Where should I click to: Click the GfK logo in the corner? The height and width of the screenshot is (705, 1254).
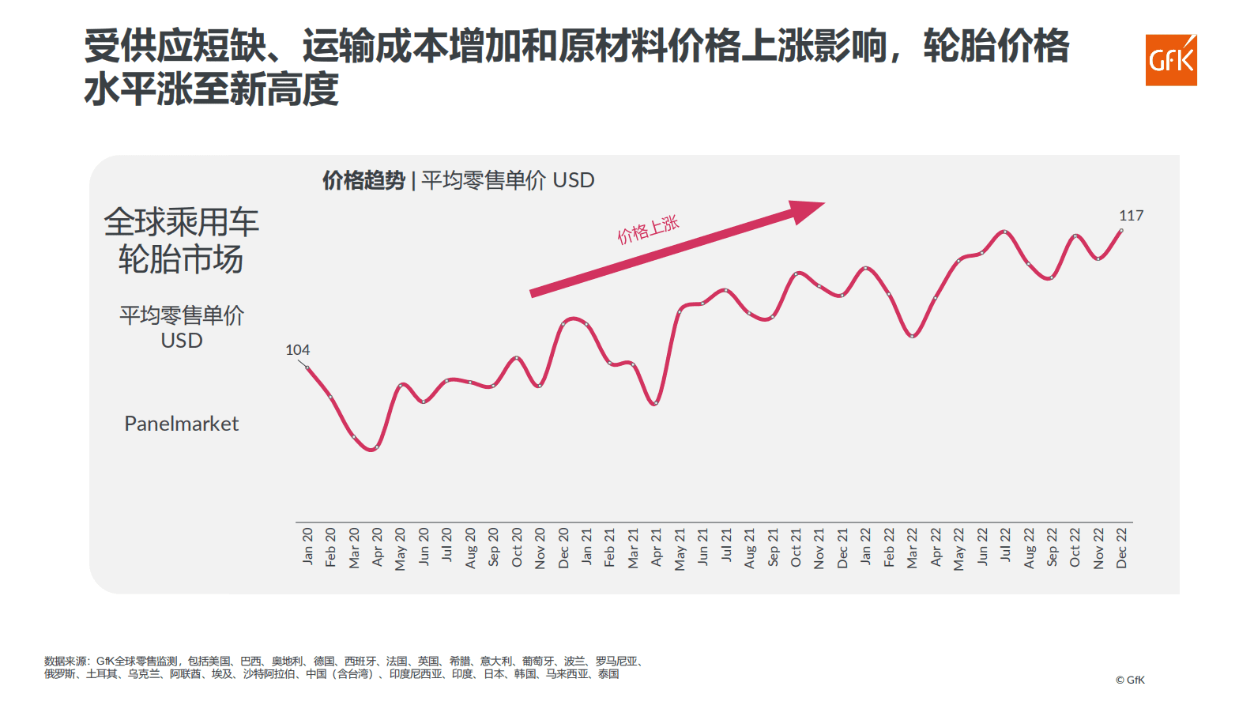[1170, 60]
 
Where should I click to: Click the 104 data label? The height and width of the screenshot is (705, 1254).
[297, 349]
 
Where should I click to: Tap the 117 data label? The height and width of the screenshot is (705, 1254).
[1131, 215]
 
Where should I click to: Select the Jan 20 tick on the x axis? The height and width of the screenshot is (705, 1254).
[307, 546]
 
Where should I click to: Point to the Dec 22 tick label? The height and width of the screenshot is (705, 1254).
[1121, 548]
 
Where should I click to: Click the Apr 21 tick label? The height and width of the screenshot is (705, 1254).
[657, 547]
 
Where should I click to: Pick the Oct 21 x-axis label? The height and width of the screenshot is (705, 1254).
[796, 547]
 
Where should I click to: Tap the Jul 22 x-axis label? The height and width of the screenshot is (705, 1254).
[1005, 545]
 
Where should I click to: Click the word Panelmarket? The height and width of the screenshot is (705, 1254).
[181, 424]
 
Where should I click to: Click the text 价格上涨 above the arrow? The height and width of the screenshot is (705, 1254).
[648, 229]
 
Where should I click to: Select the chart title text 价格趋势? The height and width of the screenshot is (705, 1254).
[363, 180]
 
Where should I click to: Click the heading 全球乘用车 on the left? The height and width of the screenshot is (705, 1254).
[181, 222]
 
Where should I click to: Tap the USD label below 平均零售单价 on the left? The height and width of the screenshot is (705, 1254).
[181, 341]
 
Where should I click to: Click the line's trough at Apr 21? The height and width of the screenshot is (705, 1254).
[655, 404]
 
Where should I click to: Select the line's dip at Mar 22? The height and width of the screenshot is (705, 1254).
[912, 336]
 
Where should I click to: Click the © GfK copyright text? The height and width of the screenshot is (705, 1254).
[1129, 680]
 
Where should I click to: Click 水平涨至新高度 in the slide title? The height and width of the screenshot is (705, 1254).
[211, 89]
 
